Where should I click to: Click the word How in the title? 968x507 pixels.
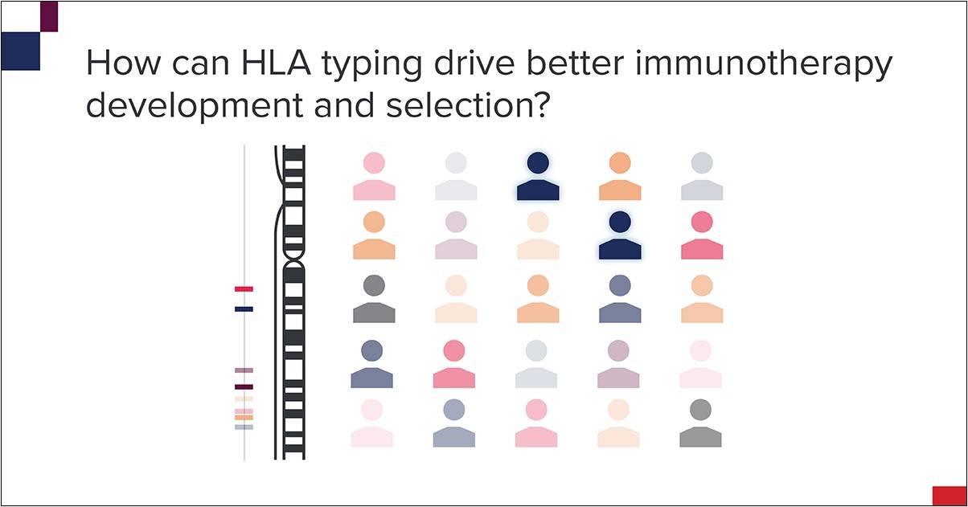pyautogui.click(x=114, y=64)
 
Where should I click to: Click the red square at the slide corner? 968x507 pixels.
pyautogui.click(x=949, y=496)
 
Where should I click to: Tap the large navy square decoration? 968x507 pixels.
pyautogui.click(x=21, y=51)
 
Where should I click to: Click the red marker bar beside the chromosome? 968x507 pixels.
pyautogui.click(x=244, y=288)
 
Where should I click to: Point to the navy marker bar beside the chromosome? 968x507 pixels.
pyautogui.click(x=244, y=309)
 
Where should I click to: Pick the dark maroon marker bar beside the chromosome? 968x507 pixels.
pyautogui.click(x=244, y=387)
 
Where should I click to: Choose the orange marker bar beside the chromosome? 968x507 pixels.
pyautogui.click(x=244, y=418)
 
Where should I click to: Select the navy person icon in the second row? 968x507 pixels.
pyautogui.click(x=620, y=235)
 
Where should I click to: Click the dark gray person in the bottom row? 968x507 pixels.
pyautogui.click(x=700, y=423)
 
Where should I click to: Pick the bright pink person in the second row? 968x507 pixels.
pyautogui.click(x=702, y=235)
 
